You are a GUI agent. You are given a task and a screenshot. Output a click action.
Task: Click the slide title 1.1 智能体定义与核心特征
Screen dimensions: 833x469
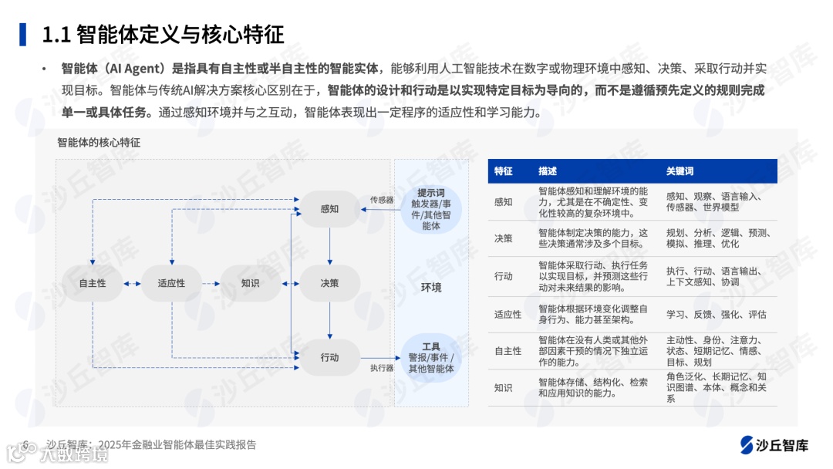click(162, 34)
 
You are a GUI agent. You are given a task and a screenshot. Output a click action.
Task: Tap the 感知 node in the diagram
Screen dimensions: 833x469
click(329, 209)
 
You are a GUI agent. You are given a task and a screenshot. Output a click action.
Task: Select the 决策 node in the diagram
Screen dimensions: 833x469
click(329, 283)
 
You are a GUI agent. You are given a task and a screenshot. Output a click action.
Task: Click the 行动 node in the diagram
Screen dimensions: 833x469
click(329, 357)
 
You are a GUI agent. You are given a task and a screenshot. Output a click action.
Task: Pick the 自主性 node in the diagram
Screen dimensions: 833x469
click(93, 283)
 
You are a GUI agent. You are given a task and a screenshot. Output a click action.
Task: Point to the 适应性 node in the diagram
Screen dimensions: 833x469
click(171, 283)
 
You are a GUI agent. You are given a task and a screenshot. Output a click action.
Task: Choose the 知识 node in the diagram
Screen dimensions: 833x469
click(250, 283)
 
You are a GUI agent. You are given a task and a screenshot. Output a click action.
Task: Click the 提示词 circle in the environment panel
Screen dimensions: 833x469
click(431, 209)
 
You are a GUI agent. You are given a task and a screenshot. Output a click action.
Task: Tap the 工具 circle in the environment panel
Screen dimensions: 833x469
click(431, 358)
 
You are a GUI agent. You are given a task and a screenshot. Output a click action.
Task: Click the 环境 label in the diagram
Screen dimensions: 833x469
click(431, 288)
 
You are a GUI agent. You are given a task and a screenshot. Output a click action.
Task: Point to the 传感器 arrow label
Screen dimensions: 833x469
click(382, 200)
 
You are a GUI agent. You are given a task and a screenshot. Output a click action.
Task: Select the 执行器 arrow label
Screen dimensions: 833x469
click(382, 368)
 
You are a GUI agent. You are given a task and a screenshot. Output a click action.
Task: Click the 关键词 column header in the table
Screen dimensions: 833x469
click(680, 171)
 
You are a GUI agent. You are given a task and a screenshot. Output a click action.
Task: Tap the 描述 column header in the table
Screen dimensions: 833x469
click(548, 171)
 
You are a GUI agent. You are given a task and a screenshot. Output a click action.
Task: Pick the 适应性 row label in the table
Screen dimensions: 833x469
click(508, 315)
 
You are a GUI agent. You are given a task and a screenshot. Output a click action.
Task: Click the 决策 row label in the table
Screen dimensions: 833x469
click(503, 238)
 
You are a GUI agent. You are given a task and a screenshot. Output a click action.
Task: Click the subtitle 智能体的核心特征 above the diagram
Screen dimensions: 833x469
click(99, 143)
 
